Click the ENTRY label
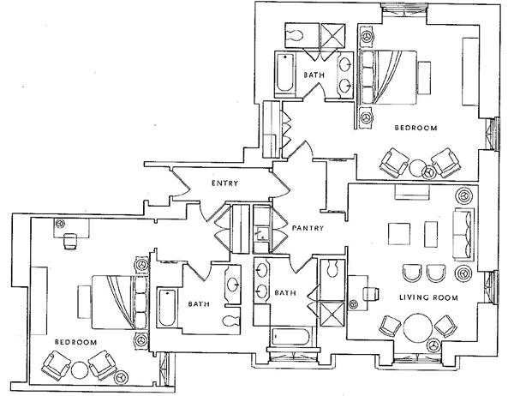(x=224, y=183)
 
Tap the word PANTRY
(x=306, y=228)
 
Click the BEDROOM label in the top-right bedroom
(x=415, y=128)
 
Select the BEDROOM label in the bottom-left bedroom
(x=75, y=342)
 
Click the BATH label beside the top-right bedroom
(x=316, y=75)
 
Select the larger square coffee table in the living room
(x=398, y=234)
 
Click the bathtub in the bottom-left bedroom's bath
(x=166, y=309)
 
